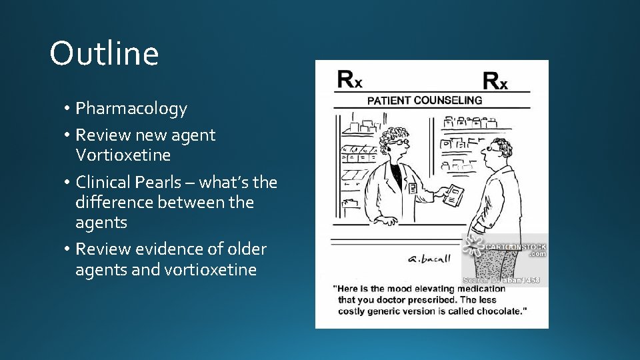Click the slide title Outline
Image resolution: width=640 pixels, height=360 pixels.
104,53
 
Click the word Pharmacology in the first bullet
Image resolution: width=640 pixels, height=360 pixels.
131,109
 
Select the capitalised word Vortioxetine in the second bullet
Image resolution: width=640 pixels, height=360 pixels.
123,155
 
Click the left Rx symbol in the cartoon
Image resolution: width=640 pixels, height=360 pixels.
349,79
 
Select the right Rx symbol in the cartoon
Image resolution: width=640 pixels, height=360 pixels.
495,81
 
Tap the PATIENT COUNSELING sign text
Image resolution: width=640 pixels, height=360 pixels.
425,101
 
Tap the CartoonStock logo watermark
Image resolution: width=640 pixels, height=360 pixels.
505,249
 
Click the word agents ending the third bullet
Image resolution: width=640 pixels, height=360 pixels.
101,222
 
